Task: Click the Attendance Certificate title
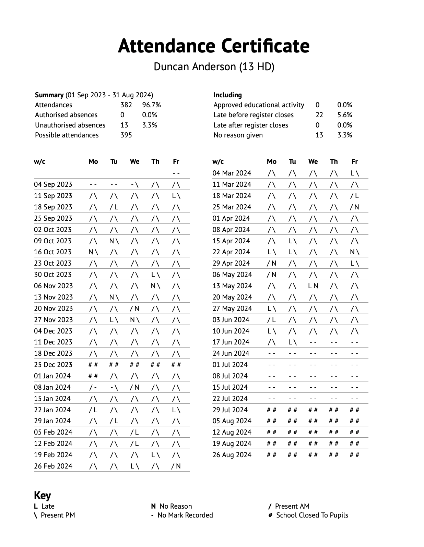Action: pyautogui.click(x=213, y=46)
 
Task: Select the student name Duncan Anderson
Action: pyautogui.click(x=214, y=66)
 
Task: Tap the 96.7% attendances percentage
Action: pyautogui.click(x=151, y=105)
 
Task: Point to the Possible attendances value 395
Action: pyautogui.click(x=126, y=135)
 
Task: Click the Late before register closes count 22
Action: pyautogui.click(x=319, y=115)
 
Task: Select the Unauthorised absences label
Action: pyautogui.click(x=70, y=125)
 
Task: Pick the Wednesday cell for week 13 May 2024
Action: pyautogui.click(x=313, y=286)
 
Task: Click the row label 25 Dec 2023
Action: pyautogui.click(x=53, y=365)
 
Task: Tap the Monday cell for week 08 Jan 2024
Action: pyautogui.click(x=93, y=387)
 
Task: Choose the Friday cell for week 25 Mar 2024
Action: pyautogui.click(x=354, y=207)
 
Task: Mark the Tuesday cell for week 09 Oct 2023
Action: pyautogui.click(x=114, y=241)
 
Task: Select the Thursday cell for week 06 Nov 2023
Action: pyautogui.click(x=155, y=286)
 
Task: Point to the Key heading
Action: pyautogui.click(x=42, y=495)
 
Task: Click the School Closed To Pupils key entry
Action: pyautogui.click(x=308, y=515)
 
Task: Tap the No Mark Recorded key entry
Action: pyautogui.click(x=182, y=515)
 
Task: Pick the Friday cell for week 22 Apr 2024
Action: pyautogui.click(x=354, y=252)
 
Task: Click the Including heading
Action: pyautogui.click(x=227, y=95)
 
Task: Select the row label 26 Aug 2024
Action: pyautogui.click(x=232, y=455)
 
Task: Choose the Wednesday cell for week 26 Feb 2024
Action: pyautogui.click(x=134, y=466)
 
